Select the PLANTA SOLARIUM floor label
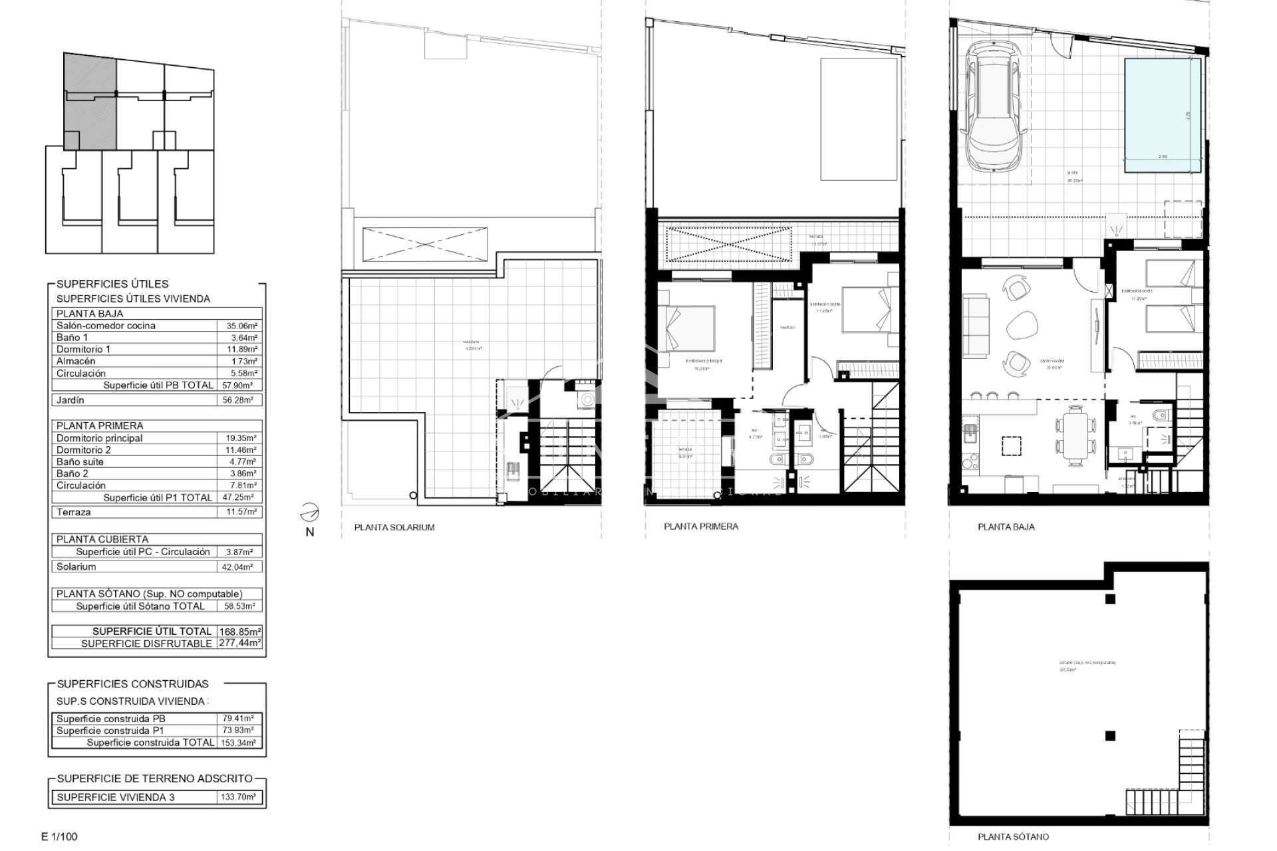pyautogui.click(x=394, y=527)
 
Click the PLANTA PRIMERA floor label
pyautogui.click(x=701, y=527)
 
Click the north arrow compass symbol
pyautogui.click(x=309, y=515)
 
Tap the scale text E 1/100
pyautogui.click(x=59, y=836)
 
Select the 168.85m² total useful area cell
pyautogui.click(x=239, y=631)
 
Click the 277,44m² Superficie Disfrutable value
pyautogui.click(x=239, y=643)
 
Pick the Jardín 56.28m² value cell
pyautogui.click(x=239, y=400)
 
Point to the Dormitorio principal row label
pyautogui.click(x=100, y=438)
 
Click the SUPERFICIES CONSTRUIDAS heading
pyautogui.click(x=133, y=683)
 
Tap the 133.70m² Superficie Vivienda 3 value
pyautogui.click(x=239, y=797)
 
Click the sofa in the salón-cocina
pyautogui.click(x=976, y=326)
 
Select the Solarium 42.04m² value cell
pyautogui.click(x=239, y=567)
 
